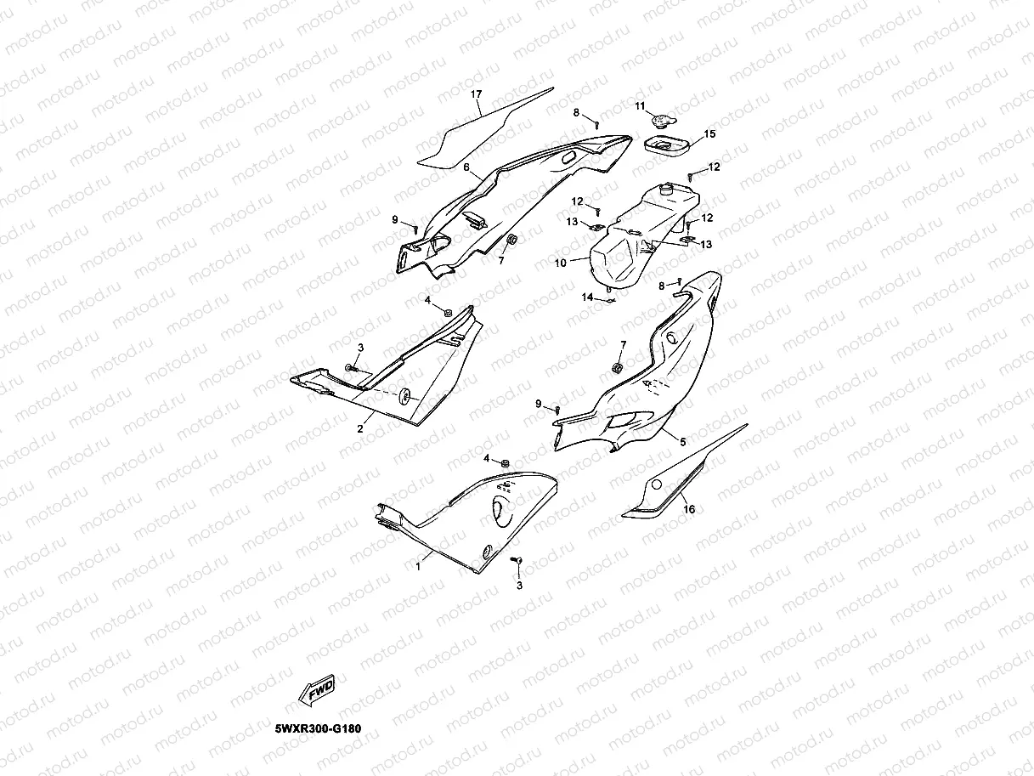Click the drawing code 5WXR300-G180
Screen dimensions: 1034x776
tap(323, 729)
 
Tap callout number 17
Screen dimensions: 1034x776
tap(476, 93)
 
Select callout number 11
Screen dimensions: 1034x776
tap(641, 105)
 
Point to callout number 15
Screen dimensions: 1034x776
tap(710, 134)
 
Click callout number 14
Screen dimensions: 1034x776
tap(587, 297)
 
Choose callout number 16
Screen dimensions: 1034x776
tap(689, 509)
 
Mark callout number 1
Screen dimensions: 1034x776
tap(418, 564)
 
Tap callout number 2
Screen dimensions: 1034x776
tap(359, 428)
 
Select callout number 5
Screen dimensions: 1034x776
tap(681, 441)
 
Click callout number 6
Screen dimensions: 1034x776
tap(466, 167)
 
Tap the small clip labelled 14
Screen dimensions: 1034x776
tap(610, 297)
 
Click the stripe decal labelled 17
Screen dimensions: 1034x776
tap(484, 127)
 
